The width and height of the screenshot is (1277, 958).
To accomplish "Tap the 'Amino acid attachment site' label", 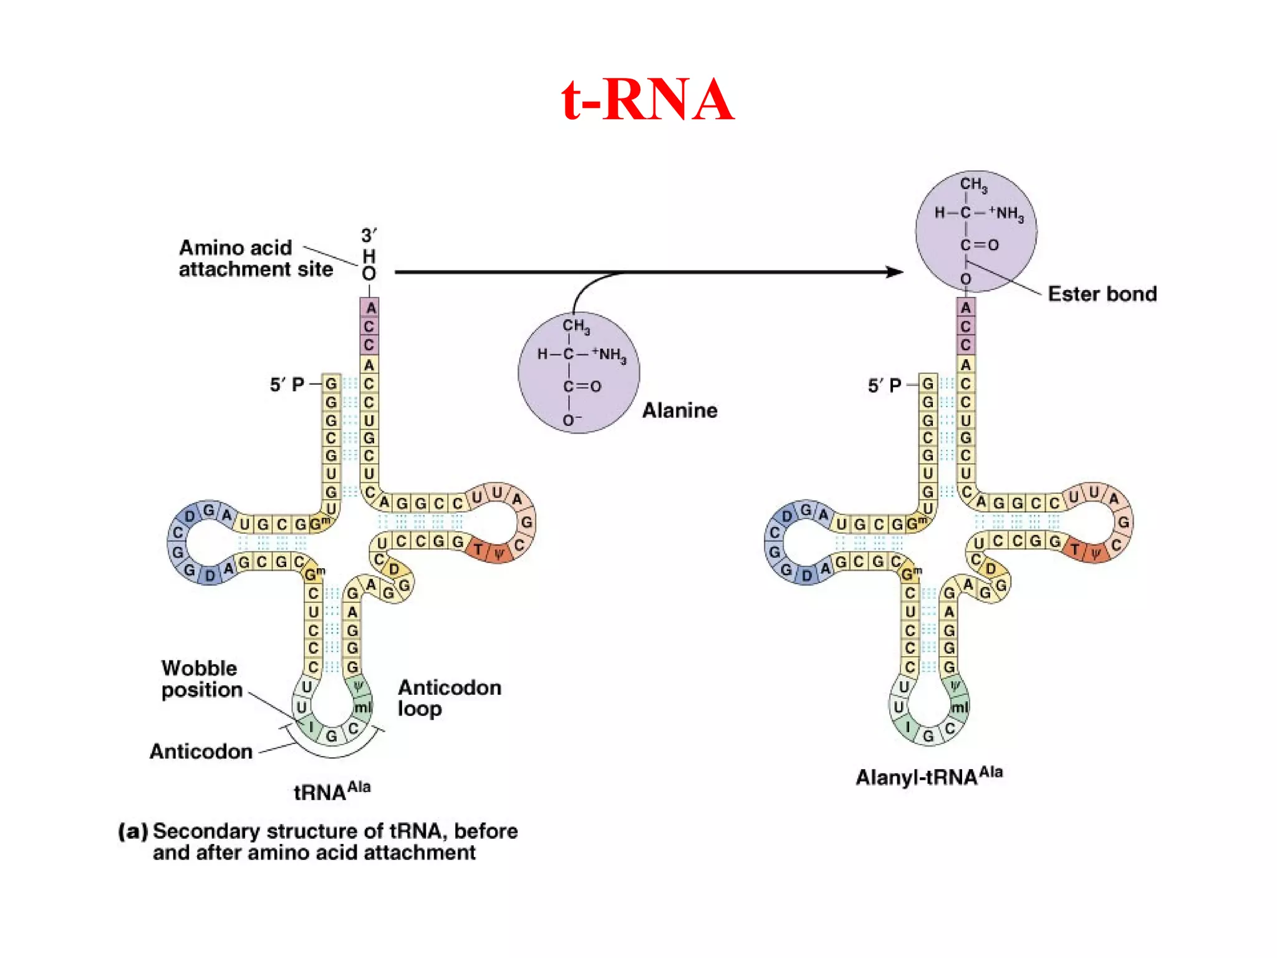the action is pos(256,258).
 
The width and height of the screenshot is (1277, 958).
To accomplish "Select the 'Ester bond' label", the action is pos(1102,294).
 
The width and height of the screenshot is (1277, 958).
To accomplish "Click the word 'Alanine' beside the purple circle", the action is pos(680,410).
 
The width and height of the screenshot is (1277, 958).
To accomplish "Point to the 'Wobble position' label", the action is pos(201,679).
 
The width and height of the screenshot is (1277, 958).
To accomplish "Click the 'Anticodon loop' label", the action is pos(449,698).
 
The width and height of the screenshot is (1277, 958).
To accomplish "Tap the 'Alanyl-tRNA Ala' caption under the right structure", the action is pos(928,777).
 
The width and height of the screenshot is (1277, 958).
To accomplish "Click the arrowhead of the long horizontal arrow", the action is pos(895,272).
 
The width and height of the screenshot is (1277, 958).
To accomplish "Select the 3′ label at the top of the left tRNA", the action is pos(369,236).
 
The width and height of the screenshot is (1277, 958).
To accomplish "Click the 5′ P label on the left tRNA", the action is pos(287,385).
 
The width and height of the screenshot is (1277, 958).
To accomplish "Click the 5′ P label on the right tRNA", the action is pos(884,386).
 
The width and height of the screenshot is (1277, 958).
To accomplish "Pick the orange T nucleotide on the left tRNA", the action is pos(478,549).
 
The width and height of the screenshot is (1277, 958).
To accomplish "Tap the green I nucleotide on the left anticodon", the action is pos(311,727).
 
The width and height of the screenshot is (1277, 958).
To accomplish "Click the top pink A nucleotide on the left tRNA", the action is pos(370,307).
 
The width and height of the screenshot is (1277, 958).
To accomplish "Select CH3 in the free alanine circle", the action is pos(576,326).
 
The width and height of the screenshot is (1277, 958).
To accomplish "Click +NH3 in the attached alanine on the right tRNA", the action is pos(1006,213).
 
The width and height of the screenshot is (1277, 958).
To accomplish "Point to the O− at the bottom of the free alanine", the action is pos(571,421).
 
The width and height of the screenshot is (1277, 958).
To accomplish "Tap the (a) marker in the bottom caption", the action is pos(133,831).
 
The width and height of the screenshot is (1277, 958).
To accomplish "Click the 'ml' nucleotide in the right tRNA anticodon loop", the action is pos(959,707).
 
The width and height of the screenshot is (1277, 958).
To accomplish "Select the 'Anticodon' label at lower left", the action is pos(201,752).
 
